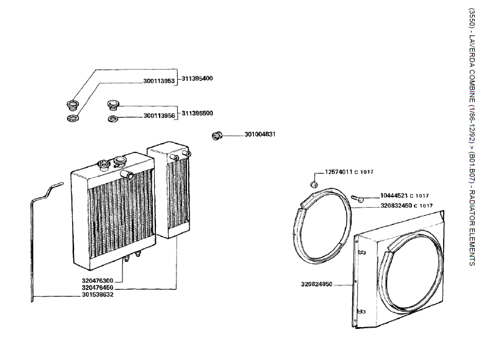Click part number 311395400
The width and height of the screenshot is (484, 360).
pos(198,79)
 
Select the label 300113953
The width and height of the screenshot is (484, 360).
pos(159,81)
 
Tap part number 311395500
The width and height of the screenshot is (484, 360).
pos(198,113)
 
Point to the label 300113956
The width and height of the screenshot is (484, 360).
pos(159,116)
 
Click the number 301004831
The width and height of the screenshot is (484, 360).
pos(260,134)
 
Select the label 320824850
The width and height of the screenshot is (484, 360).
pos(317,285)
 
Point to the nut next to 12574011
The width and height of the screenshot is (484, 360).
pos(314,184)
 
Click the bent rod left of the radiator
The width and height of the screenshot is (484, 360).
pos(34,242)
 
